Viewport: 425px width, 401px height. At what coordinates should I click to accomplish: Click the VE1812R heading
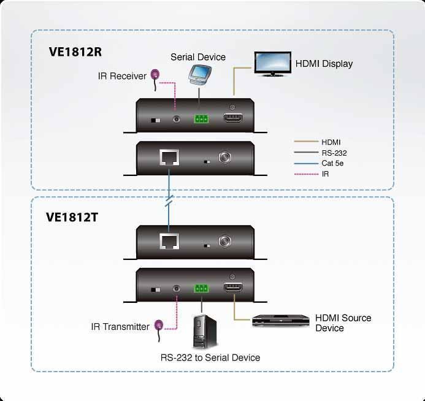(x=75, y=52)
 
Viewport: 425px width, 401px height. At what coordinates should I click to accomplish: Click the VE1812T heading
(x=72, y=217)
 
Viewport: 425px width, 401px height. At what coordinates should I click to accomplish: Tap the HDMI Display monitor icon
(x=273, y=64)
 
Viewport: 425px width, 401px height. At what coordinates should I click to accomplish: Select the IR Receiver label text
(x=122, y=76)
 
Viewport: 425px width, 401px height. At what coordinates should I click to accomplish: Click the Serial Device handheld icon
(x=200, y=75)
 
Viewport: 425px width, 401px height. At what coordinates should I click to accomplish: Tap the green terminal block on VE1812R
(x=201, y=119)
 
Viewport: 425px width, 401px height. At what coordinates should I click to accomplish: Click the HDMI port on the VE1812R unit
(x=233, y=117)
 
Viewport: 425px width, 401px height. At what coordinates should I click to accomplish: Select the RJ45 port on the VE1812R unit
(x=169, y=157)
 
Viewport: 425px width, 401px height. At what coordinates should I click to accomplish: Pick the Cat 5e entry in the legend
(x=332, y=163)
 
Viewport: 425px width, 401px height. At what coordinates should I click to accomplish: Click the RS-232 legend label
(x=334, y=153)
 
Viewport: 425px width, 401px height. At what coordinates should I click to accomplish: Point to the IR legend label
(x=325, y=174)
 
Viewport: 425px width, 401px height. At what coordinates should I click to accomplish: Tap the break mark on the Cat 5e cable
(x=169, y=200)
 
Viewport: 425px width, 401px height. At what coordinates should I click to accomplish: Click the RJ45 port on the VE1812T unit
(x=169, y=241)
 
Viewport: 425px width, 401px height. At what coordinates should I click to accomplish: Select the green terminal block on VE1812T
(x=201, y=288)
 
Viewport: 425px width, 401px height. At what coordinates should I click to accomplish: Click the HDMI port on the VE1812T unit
(x=233, y=287)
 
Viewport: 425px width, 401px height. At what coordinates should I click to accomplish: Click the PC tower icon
(x=205, y=332)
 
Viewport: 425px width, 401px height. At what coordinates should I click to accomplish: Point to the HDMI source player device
(x=280, y=321)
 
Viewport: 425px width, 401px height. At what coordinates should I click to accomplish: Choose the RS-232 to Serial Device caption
(x=210, y=357)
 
